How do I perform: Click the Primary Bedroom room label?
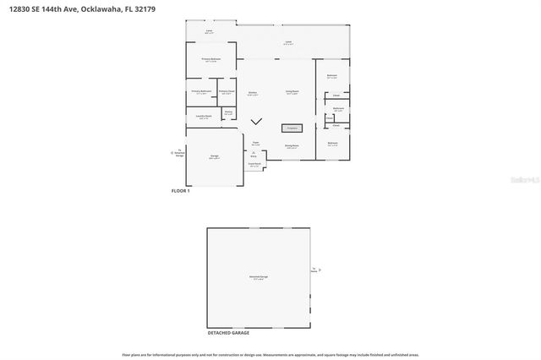point(210,60)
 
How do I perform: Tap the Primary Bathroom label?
point(200,92)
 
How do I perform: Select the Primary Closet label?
point(226,92)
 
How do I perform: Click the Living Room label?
point(292,93)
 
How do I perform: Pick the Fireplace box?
point(292,128)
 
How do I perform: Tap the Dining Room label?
point(292,146)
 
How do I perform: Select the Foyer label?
point(256,144)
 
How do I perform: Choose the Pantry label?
point(227,112)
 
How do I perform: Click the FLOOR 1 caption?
point(181,192)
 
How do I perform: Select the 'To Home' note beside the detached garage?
point(314,270)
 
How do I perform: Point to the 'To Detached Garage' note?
point(179,153)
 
